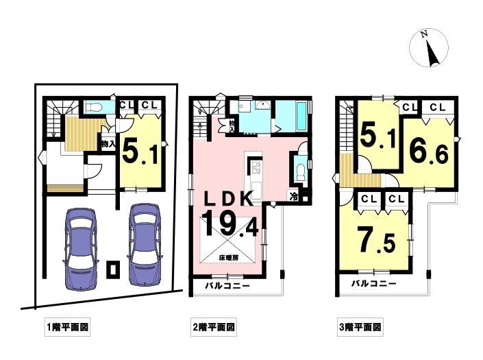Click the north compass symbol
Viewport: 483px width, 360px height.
(428, 48)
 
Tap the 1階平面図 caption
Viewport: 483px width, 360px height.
(67, 326)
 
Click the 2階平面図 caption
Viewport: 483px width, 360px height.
(214, 326)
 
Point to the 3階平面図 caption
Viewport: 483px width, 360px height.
(360, 326)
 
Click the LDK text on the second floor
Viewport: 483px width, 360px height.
(229, 199)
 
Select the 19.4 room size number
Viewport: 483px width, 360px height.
(230, 224)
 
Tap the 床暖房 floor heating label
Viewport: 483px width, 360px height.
(228, 258)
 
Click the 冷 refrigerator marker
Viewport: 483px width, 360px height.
(294, 196)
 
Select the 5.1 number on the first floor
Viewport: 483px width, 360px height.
(140, 152)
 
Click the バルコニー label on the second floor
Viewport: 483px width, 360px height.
(227, 286)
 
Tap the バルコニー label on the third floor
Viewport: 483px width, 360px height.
(374, 283)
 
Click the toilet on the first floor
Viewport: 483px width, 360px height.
(94, 107)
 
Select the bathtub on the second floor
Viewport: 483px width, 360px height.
(301, 116)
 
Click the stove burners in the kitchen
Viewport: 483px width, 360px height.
(256, 168)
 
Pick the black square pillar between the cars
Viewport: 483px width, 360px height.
(113, 269)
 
